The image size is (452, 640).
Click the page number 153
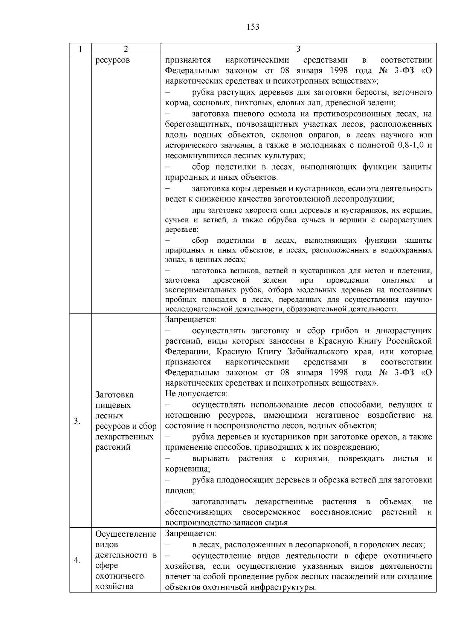[x=253, y=27]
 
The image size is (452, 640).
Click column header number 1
[x=80, y=49]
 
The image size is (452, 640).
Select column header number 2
[x=125, y=49]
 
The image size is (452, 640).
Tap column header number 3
[x=298, y=49]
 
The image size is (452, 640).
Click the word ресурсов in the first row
[x=113, y=60]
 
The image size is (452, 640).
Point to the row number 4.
[x=77, y=560]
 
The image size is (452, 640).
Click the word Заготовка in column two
[x=115, y=395]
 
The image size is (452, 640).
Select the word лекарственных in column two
[x=125, y=437]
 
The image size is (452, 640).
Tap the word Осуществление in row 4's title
[x=126, y=534]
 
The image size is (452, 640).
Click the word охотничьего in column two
[x=120, y=576]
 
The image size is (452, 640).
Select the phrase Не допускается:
[x=196, y=394]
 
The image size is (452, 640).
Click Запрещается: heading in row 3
[x=191, y=320]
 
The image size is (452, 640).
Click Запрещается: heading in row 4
[x=191, y=534]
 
